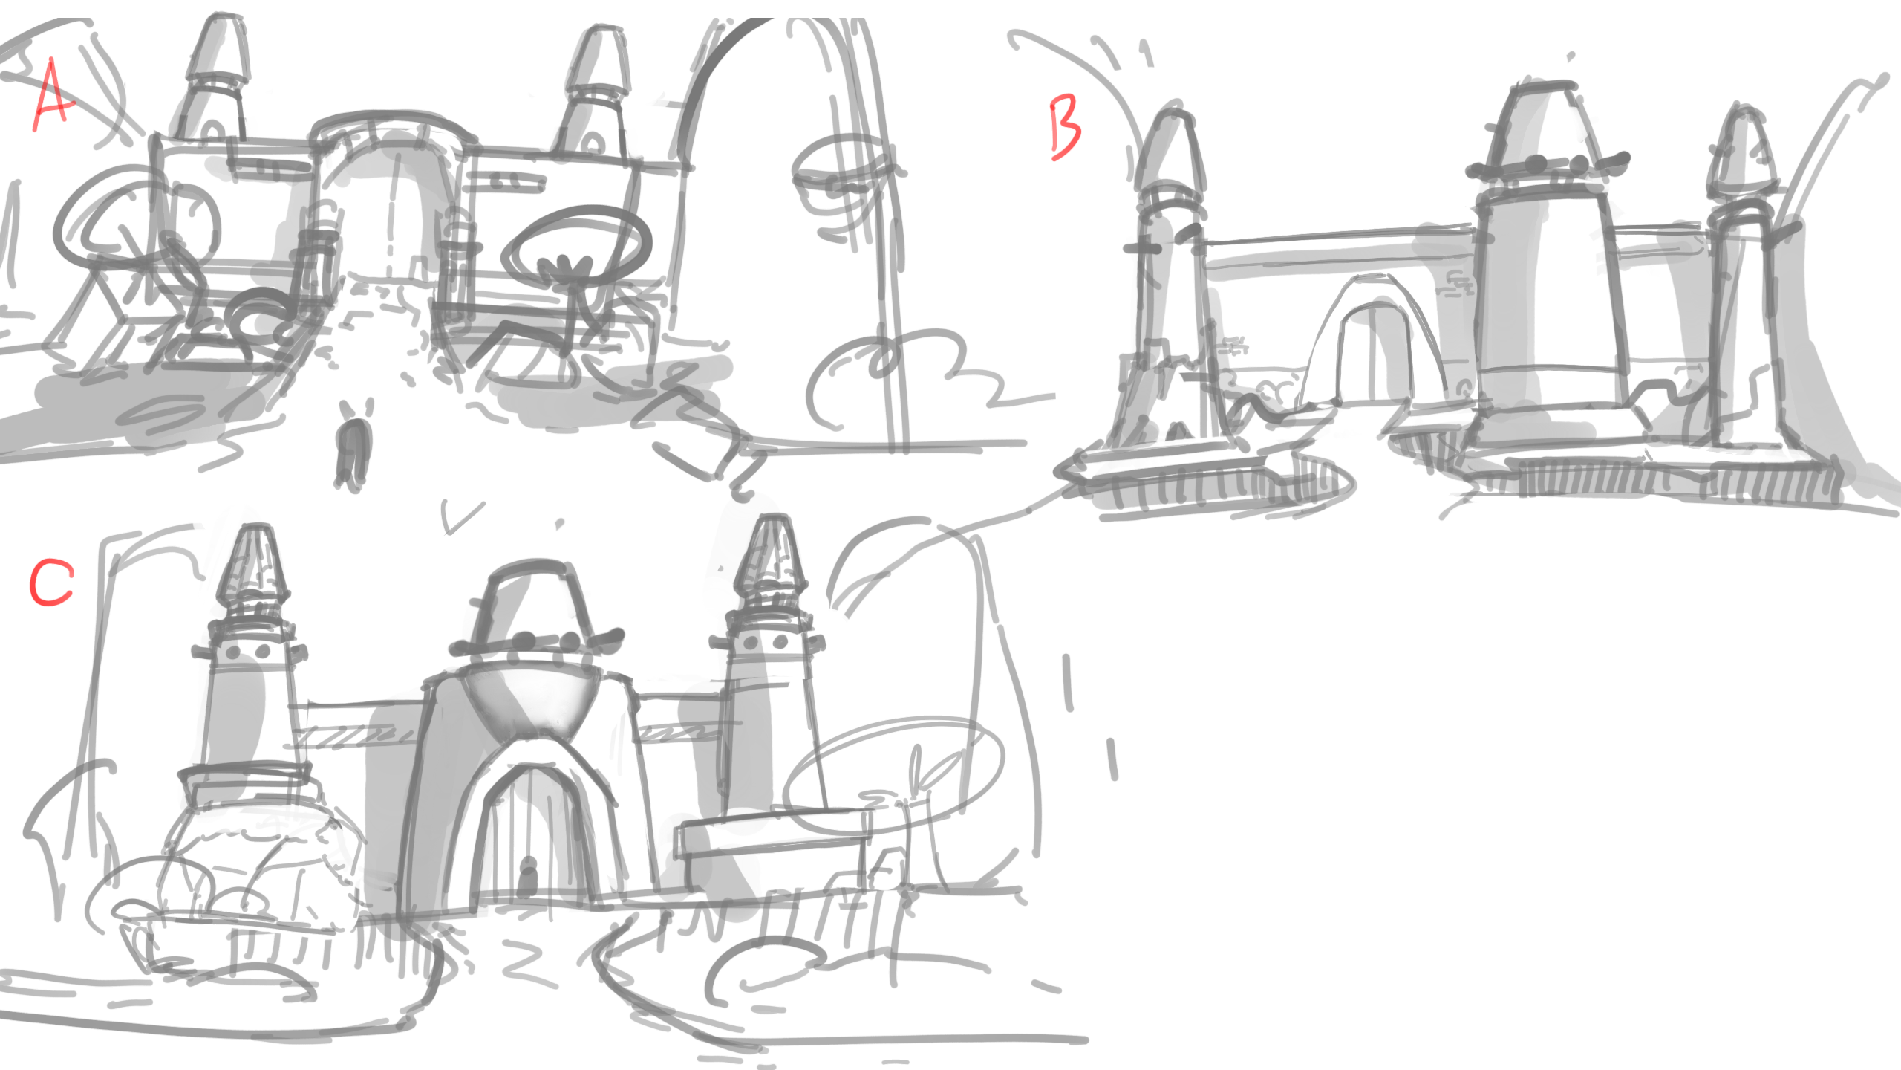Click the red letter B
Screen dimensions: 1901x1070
1065,130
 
